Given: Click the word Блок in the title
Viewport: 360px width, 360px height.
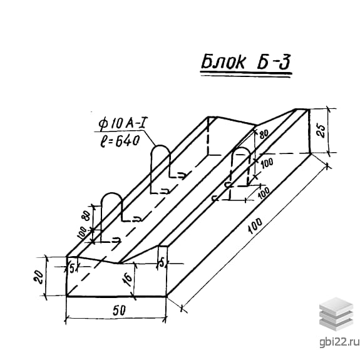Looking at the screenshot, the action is (223, 61).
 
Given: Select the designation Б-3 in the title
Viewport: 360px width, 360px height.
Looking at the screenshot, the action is (274, 61).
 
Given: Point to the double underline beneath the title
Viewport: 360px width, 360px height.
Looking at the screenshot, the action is (246, 75).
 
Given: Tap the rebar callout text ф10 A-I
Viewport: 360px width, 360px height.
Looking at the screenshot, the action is (123, 123).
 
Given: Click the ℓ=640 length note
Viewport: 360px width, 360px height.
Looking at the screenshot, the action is (120, 141).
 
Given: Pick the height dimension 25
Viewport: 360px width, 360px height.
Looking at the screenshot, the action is (321, 131).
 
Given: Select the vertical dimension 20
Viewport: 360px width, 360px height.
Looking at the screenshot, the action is (38, 277).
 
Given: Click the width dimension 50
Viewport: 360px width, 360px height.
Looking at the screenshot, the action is (119, 311).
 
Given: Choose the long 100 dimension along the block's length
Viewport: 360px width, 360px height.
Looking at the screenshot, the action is (255, 226).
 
